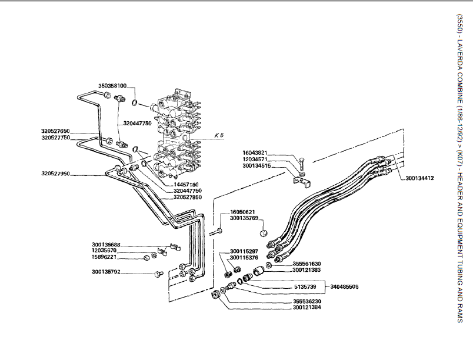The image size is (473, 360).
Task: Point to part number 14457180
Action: (186, 184)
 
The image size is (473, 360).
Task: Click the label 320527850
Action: (188, 198)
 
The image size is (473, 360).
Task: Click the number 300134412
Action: (419, 178)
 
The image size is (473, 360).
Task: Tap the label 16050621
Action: (242, 212)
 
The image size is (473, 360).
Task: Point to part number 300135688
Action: (106, 245)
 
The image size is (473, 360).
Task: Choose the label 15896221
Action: (106, 257)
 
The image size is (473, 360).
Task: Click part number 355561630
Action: (307, 264)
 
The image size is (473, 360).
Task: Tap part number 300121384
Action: (307, 308)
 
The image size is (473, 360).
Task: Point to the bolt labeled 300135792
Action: (157, 274)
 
